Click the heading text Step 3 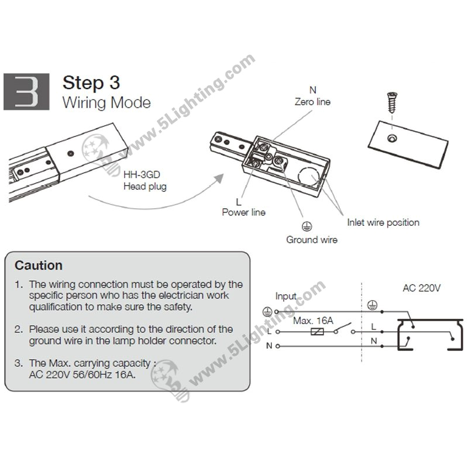pyautogui.click(x=91, y=82)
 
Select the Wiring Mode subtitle pyautogui.click(x=106, y=104)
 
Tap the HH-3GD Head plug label pyautogui.click(x=144, y=181)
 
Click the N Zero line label pyautogui.click(x=312, y=96)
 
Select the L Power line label pyautogui.click(x=243, y=207)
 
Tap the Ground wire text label pyautogui.click(x=311, y=239)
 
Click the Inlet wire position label pyautogui.click(x=383, y=222)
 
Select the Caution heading pyautogui.click(x=39, y=266)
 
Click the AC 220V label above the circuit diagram pyautogui.click(x=421, y=288)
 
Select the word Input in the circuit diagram pyautogui.click(x=285, y=297)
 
